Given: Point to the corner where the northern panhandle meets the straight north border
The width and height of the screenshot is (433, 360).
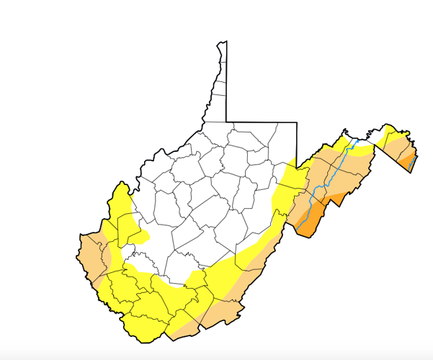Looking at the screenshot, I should coord(226,122).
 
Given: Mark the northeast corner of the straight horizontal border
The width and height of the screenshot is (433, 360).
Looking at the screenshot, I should coord(297,122).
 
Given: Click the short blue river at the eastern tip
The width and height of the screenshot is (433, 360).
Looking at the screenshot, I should coord(411,163).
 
